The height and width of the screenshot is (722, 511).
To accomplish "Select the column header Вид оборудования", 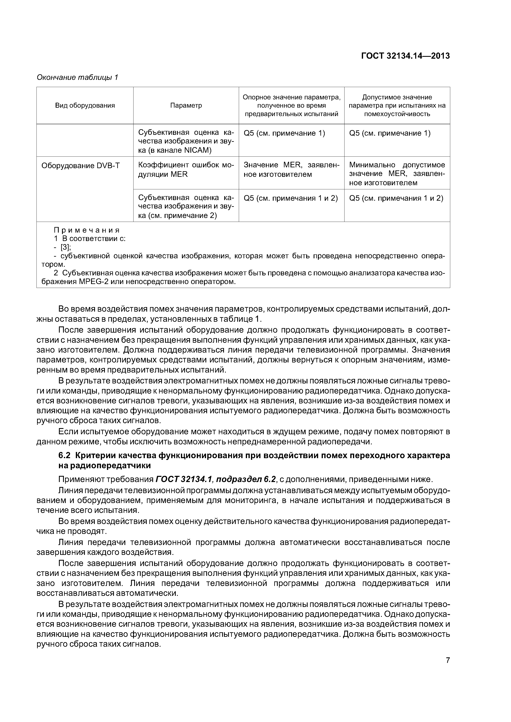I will coord(85,106).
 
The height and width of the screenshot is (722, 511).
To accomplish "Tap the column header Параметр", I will coord(186,106).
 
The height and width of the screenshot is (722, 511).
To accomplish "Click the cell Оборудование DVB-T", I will coord(81,166).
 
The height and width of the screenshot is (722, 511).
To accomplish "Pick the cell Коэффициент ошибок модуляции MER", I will coord(186,170).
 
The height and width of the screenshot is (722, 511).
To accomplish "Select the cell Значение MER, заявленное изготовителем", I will coord(291,170).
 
